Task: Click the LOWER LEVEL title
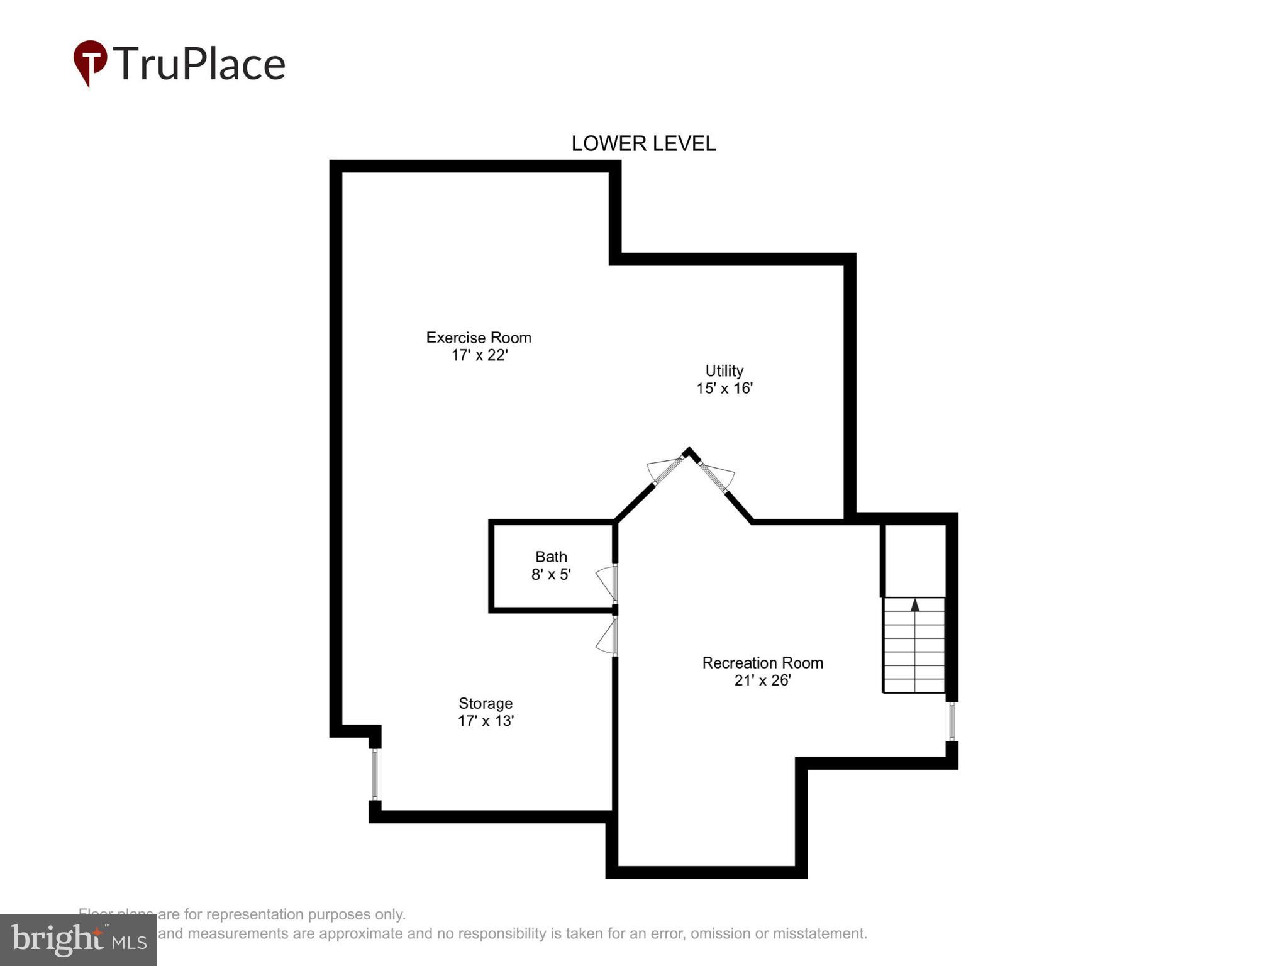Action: point(643,144)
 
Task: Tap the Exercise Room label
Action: point(479,338)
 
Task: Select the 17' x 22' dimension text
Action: point(479,355)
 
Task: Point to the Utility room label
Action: point(724,370)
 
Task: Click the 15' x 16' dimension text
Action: point(724,388)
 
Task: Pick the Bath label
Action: point(551,557)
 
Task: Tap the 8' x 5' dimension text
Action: point(551,574)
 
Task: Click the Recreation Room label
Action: point(762,663)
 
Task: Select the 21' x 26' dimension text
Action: point(762,680)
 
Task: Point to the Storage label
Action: point(486,703)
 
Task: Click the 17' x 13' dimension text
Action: point(486,721)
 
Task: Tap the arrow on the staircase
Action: point(915,605)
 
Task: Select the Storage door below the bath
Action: point(606,637)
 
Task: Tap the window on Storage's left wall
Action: point(375,774)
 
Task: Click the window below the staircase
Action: point(952,721)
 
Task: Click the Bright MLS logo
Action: point(79,940)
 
